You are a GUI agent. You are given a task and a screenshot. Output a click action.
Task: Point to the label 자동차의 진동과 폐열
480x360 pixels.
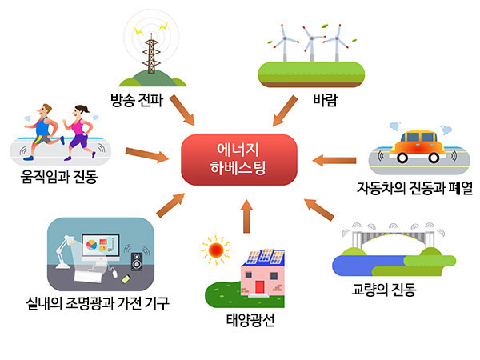click(x=416, y=190)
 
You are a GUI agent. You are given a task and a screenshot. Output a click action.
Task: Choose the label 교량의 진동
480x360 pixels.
click(x=383, y=290)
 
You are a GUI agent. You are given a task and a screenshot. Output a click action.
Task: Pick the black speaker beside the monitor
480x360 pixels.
click(x=137, y=262)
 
